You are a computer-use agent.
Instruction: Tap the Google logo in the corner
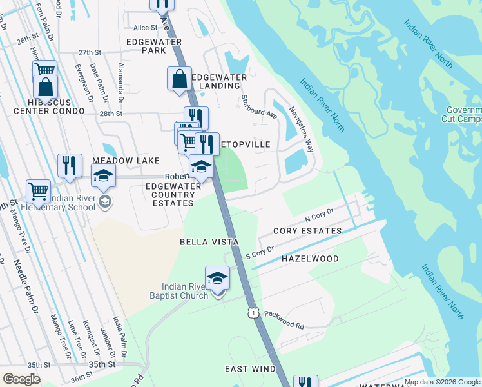coord(22,379)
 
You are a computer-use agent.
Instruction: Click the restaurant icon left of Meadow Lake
coord(69,166)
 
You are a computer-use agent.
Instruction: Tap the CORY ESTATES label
coord(307,231)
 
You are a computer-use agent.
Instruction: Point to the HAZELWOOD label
coord(310,258)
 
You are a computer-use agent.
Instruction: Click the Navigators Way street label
coord(301,128)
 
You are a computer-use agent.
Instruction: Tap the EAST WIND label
coord(250,369)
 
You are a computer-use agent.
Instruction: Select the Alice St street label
coord(145,28)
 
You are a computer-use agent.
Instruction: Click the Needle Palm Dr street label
coord(26,287)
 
